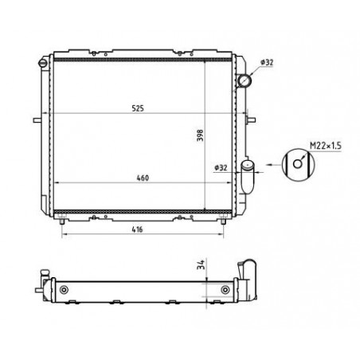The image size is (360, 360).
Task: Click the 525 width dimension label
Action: [138, 108]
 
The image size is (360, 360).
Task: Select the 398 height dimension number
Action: [200, 135]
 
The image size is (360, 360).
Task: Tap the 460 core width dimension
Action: [143, 178]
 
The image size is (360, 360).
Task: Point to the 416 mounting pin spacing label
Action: [137, 229]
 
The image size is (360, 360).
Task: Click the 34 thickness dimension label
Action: [201, 264]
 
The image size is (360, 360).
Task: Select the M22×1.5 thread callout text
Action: [326, 146]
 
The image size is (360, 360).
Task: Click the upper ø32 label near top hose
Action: [267, 62]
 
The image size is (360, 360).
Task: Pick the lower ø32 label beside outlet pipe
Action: [221, 168]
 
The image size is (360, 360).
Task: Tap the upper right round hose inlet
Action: [245, 80]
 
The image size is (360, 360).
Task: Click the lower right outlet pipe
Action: [248, 177]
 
